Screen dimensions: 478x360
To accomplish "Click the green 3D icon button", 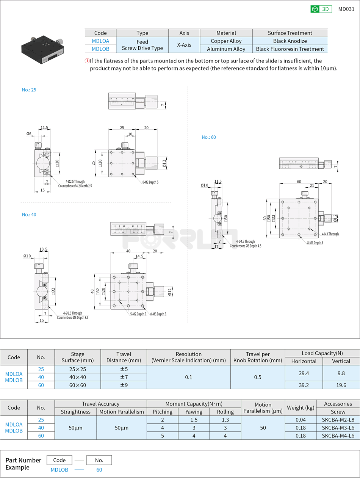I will click(321, 9).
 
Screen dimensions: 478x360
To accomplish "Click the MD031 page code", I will click(346, 9).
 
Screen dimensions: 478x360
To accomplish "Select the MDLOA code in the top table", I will click(100, 41).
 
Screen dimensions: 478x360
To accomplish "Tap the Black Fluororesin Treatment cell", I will click(290, 49).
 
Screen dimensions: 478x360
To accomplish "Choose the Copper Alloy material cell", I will click(226, 41).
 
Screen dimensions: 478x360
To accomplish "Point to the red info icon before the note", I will click(87, 61).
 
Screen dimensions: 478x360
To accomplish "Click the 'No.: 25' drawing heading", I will click(29, 90).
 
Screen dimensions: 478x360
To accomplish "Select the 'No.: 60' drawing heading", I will click(209, 137).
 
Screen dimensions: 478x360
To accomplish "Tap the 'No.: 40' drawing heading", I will click(29, 215).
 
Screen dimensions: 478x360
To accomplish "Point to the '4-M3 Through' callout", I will click(330, 234).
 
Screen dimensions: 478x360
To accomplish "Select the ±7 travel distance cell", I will click(124, 377).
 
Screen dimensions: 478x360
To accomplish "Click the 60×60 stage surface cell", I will click(77, 385).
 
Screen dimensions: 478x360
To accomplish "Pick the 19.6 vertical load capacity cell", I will click(341, 385).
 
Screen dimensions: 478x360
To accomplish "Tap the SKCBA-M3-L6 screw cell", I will click(338, 428).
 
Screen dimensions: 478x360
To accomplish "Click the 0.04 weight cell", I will click(301, 420).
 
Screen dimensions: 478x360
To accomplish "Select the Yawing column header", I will click(194, 412).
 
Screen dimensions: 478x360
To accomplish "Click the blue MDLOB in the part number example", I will click(59, 470).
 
